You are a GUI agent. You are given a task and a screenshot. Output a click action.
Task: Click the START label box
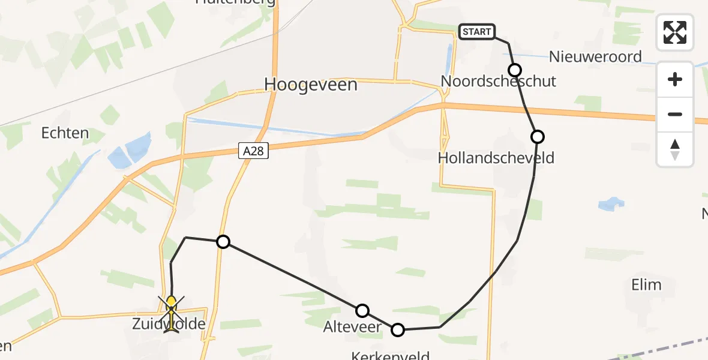(x=476, y=32)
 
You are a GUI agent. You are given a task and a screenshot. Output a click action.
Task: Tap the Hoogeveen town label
(x=311, y=85)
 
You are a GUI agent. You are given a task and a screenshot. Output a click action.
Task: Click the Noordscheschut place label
(x=498, y=81)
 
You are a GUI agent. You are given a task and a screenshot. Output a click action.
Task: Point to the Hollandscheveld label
(x=496, y=158)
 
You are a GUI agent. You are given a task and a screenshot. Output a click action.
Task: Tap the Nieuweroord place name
(x=596, y=57)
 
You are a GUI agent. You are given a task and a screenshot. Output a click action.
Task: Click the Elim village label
(x=646, y=284)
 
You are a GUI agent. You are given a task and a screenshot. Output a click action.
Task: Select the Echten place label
(x=65, y=133)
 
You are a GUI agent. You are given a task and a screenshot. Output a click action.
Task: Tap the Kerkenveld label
(x=391, y=356)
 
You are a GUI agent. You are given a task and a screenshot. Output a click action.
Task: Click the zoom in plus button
(x=675, y=79)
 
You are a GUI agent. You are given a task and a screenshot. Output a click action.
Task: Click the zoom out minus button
(x=675, y=114)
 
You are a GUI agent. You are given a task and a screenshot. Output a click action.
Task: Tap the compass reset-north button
(x=675, y=149)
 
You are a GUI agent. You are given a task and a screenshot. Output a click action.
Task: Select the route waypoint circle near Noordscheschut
(x=514, y=69)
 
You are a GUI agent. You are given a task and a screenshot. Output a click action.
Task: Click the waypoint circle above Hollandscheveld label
(x=538, y=137)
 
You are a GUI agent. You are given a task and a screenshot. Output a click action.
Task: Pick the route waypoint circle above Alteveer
(x=362, y=310)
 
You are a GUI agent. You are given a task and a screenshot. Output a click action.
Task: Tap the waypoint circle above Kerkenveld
(x=398, y=329)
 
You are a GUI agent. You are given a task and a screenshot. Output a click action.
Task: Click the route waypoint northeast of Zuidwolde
(x=223, y=242)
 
